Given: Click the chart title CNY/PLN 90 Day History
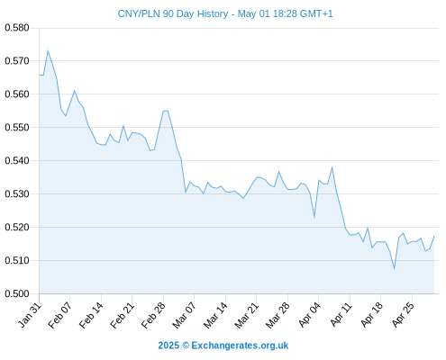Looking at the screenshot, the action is pos(173,13).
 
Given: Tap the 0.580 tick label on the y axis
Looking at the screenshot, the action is pos(17,28).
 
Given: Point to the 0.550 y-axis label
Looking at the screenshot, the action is pos(17,128).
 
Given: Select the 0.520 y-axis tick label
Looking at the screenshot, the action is pos(17,227).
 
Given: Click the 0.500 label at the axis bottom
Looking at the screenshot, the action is pos(17,293).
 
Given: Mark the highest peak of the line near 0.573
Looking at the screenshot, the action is pos(48,50).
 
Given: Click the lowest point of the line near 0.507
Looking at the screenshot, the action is pos(394,269).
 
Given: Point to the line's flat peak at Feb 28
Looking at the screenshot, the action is pos(166,111).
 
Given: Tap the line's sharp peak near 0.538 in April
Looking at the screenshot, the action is pos(332,167).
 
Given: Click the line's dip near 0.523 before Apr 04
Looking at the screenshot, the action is pos(314,217).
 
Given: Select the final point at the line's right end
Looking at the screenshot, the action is pos(434,236).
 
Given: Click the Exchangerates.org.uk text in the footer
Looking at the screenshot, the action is pos(240,346).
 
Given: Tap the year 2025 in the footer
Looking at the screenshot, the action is pos(168,346).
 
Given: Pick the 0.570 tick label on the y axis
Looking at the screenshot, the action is pos(17,61).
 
